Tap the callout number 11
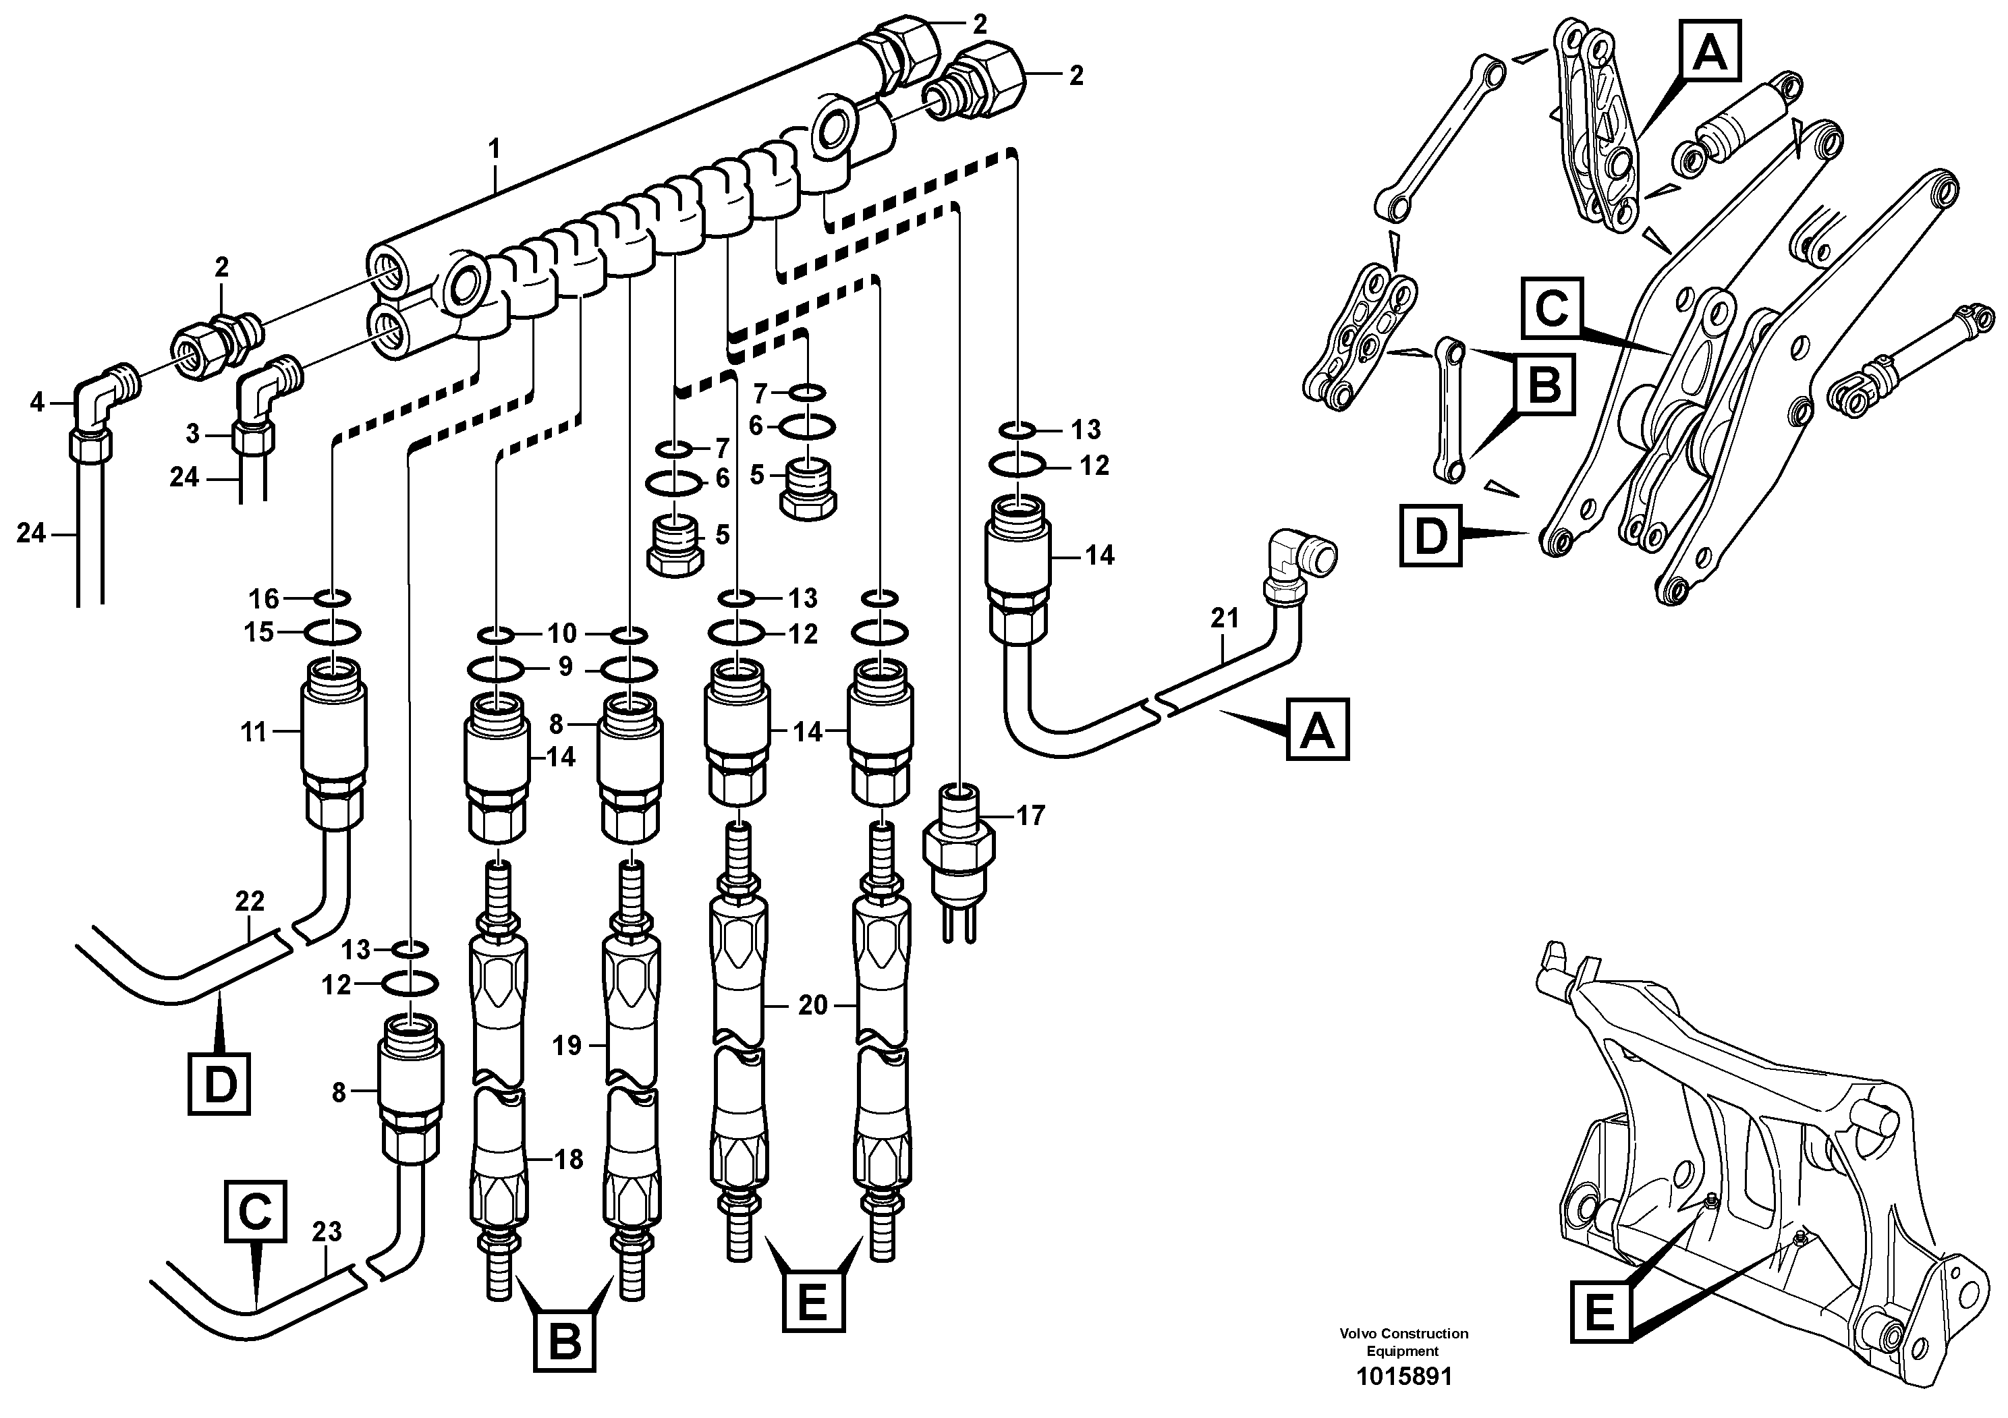point(254,732)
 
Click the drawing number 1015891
point(1403,1377)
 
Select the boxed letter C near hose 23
point(255,1212)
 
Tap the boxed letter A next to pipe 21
point(1317,729)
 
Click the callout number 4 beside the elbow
point(36,402)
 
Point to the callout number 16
point(263,599)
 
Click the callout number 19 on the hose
point(567,1045)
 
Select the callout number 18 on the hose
point(569,1160)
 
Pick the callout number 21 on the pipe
point(1225,618)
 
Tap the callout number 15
point(259,632)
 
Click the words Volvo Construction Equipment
point(1403,1341)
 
